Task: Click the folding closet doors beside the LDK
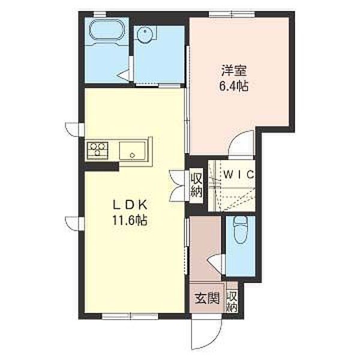click(178, 185)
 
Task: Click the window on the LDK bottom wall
click(129, 314)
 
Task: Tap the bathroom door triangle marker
click(124, 76)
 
